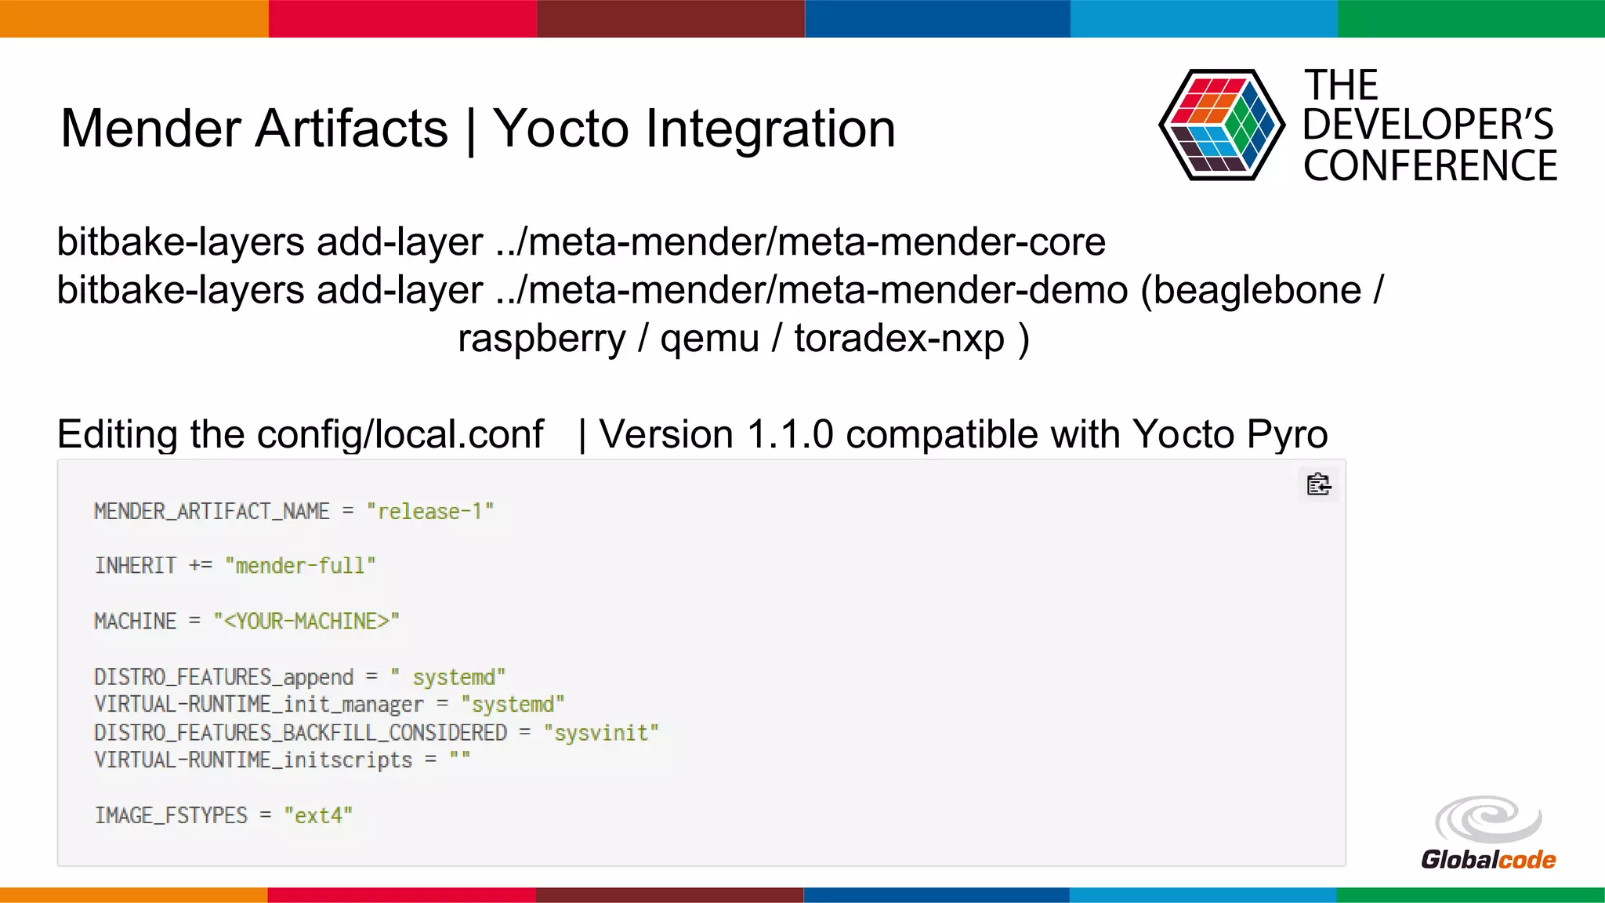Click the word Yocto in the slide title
coord(560,129)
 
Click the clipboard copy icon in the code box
coord(1318,484)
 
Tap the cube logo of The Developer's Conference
coord(1221,125)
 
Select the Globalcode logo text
coord(1487,860)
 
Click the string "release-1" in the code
coord(429,512)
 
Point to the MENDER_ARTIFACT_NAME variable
coord(212,512)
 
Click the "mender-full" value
coord(300,566)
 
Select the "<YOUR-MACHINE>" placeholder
coord(306,622)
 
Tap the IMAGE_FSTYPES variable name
coord(171,815)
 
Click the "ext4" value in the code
coord(318,815)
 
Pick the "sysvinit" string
coord(601,733)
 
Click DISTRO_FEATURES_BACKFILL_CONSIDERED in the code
coord(300,733)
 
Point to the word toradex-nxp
coord(899,339)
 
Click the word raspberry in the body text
coord(542,339)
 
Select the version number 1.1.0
coord(790,434)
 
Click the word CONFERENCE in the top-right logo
coord(1429,166)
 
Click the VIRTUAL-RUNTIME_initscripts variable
coord(253,760)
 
